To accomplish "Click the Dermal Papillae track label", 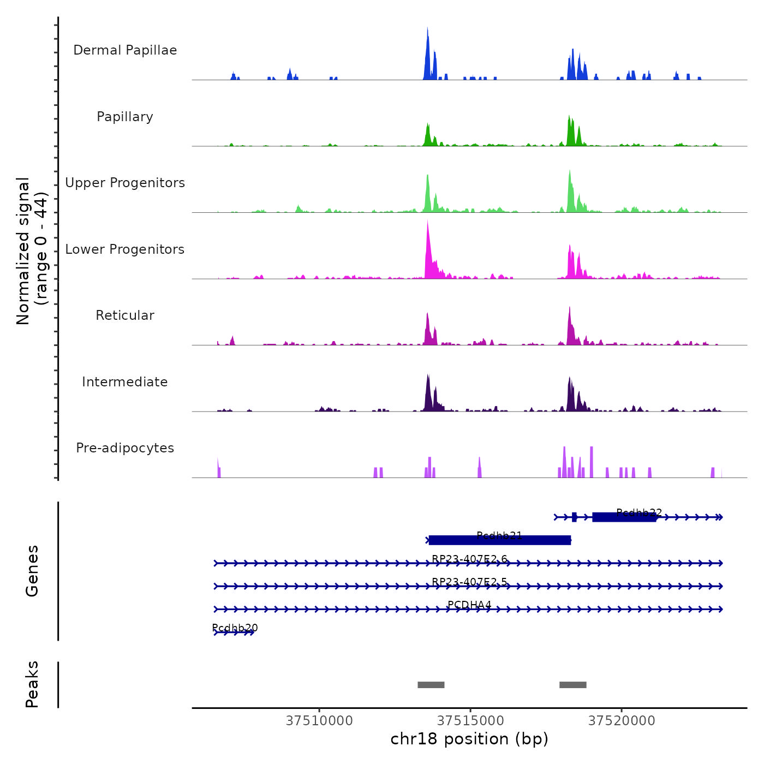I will (125, 50).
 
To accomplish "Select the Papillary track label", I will (125, 117).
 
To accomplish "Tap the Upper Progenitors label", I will (125, 183).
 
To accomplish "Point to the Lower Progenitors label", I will (125, 249).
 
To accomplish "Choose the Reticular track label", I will (125, 315).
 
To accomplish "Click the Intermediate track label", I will (125, 382).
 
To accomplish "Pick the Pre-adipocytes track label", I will (125, 448).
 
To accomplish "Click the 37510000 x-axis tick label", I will (319, 721).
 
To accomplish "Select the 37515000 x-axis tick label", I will (470, 721).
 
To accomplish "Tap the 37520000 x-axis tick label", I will (622, 721).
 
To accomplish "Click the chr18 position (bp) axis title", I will (469, 739).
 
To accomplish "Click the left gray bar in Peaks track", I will (431, 685).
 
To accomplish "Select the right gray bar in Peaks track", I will (573, 685).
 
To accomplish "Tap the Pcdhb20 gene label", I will (235, 628).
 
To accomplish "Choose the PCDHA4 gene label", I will (469, 605).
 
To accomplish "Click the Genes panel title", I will (32, 571).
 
